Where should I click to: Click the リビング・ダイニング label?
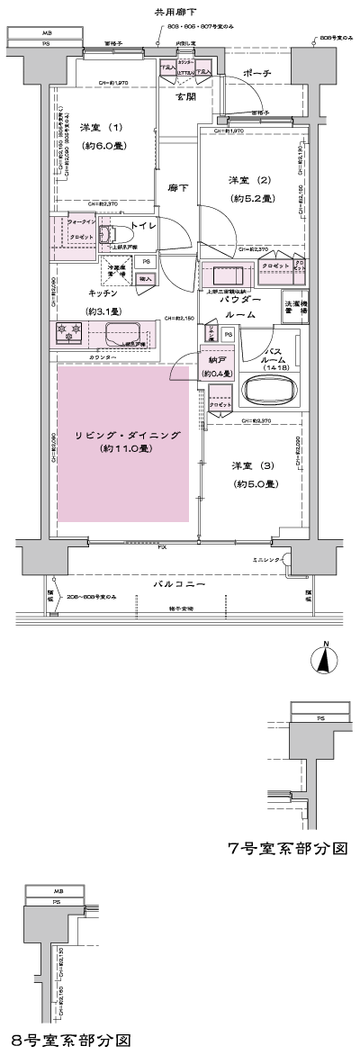[127, 436]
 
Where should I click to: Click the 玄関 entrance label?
[187, 95]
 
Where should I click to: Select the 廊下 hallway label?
[177, 187]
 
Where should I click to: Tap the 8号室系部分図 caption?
[72, 1039]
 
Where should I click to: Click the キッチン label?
[104, 293]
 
